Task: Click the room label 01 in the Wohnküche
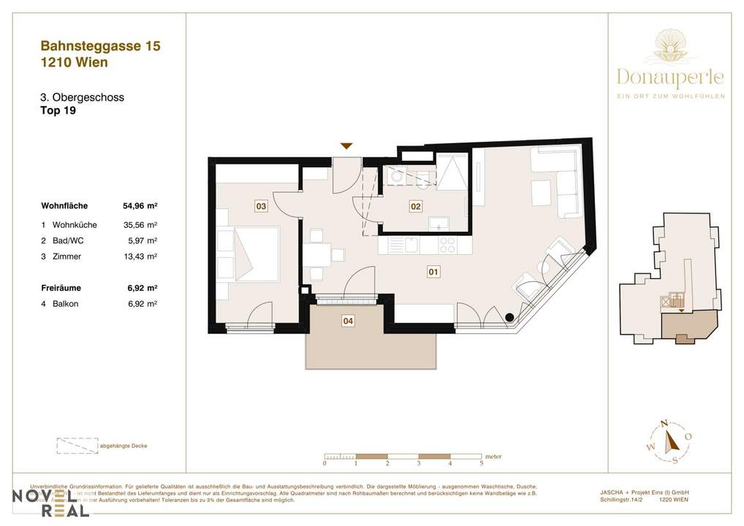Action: (432, 272)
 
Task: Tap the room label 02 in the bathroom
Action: (415, 207)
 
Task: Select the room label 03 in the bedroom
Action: (260, 207)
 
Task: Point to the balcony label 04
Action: (348, 320)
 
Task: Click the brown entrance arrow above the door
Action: (347, 146)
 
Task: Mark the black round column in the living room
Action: (509, 317)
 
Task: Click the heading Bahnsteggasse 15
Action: (100, 46)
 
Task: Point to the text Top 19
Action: (58, 112)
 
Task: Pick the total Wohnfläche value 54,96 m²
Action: (140, 206)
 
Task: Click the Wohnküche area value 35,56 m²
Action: (140, 225)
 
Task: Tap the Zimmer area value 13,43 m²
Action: (140, 256)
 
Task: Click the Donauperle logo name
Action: (670, 77)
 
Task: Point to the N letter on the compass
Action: (664, 424)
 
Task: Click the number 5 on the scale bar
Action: (482, 463)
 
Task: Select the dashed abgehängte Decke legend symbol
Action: (76, 445)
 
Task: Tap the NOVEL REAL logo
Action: (50, 503)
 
